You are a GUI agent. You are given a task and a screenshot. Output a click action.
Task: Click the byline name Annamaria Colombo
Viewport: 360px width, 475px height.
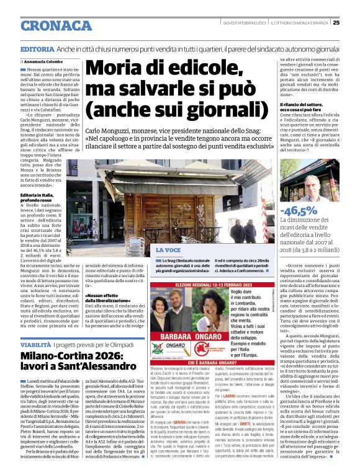[x=45, y=62]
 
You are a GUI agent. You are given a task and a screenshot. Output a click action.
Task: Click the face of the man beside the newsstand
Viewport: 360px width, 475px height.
[x=313, y=186]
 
